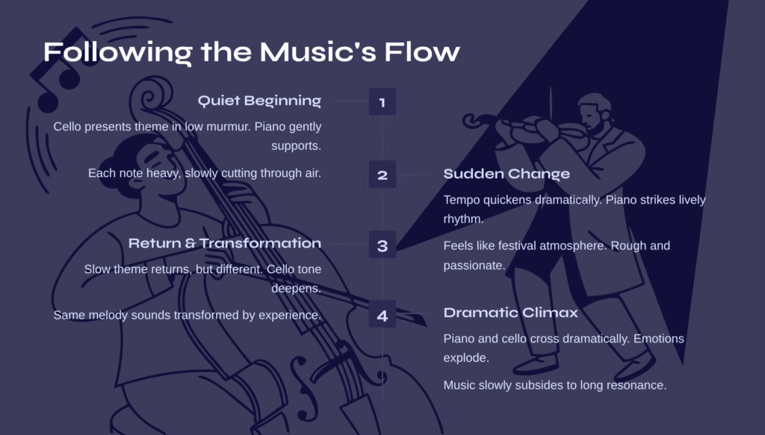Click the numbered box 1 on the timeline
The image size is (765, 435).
click(382, 101)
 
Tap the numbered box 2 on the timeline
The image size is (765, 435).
click(382, 175)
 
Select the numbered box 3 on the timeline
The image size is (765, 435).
click(382, 245)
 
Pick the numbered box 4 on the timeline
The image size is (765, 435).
click(382, 314)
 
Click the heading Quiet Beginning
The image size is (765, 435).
click(259, 101)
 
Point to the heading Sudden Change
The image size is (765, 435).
click(507, 174)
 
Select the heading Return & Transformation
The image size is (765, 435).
click(225, 243)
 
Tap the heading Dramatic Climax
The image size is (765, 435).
click(510, 313)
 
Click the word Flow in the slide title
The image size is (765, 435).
click(422, 51)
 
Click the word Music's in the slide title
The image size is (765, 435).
click(318, 51)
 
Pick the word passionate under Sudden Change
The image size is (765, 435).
click(473, 266)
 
